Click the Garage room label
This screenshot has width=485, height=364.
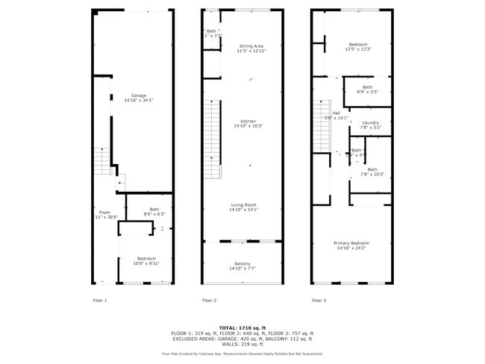coord(139,95)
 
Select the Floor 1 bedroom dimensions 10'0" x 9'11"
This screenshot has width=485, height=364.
coord(147,263)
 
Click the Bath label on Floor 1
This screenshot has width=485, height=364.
coord(154,209)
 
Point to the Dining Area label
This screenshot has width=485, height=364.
coord(251,45)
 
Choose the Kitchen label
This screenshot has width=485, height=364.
coord(248,121)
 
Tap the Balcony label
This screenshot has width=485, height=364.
coord(242,263)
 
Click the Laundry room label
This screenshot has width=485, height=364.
coord(371,122)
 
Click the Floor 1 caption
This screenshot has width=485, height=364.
coord(100,300)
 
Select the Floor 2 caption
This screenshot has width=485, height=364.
coord(210,300)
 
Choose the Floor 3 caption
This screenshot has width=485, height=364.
coord(319,300)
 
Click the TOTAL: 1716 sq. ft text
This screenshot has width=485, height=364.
coord(242,327)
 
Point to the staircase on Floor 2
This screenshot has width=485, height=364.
coord(213,138)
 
